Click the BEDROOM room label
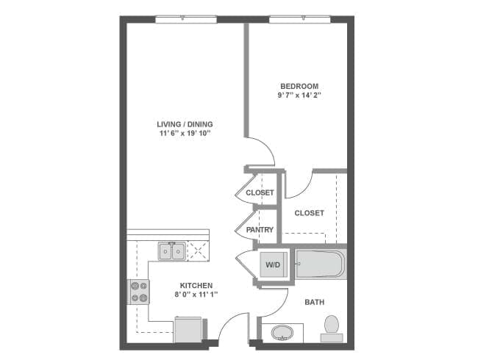(x=299, y=86)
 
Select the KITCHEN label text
(x=196, y=285)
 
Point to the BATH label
(x=314, y=302)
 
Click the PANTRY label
(x=260, y=230)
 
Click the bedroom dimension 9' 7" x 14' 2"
(x=299, y=96)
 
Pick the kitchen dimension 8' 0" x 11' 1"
(x=196, y=295)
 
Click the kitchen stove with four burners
(x=138, y=292)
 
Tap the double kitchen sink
(x=171, y=251)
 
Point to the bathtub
(x=318, y=263)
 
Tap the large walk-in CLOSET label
(x=309, y=213)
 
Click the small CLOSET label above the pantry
(x=260, y=193)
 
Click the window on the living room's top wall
(x=185, y=20)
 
